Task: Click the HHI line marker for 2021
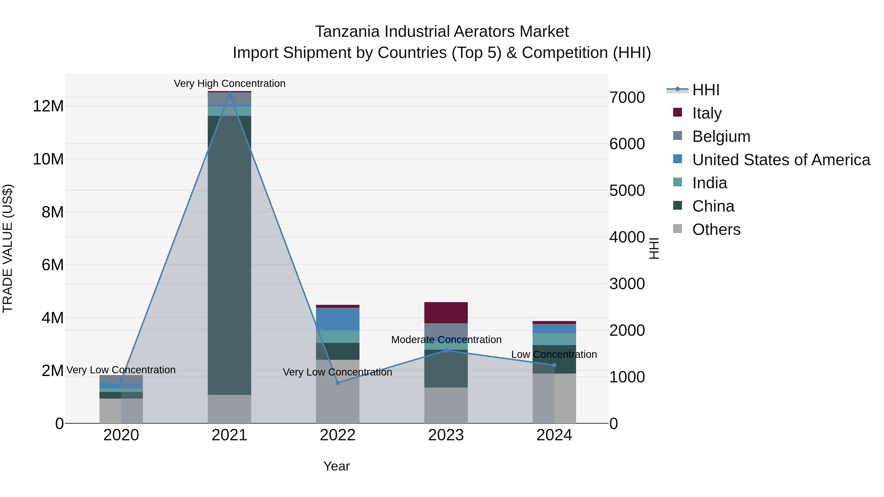tap(229, 93)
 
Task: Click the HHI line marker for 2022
tap(338, 382)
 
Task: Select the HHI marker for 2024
tap(554, 365)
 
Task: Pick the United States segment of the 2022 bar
tap(338, 319)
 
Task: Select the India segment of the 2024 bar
tap(554, 339)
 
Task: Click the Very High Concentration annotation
tap(229, 83)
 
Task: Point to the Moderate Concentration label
tap(446, 340)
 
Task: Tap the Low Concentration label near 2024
tap(554, 354)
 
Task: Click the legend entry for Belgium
tap(721, 136)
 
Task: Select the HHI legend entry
tap(705, 90)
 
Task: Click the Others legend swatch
tap(677, 229)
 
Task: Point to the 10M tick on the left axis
tap(48, 159)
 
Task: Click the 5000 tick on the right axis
tap(627, 191)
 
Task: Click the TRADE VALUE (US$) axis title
tap(8, 248)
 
